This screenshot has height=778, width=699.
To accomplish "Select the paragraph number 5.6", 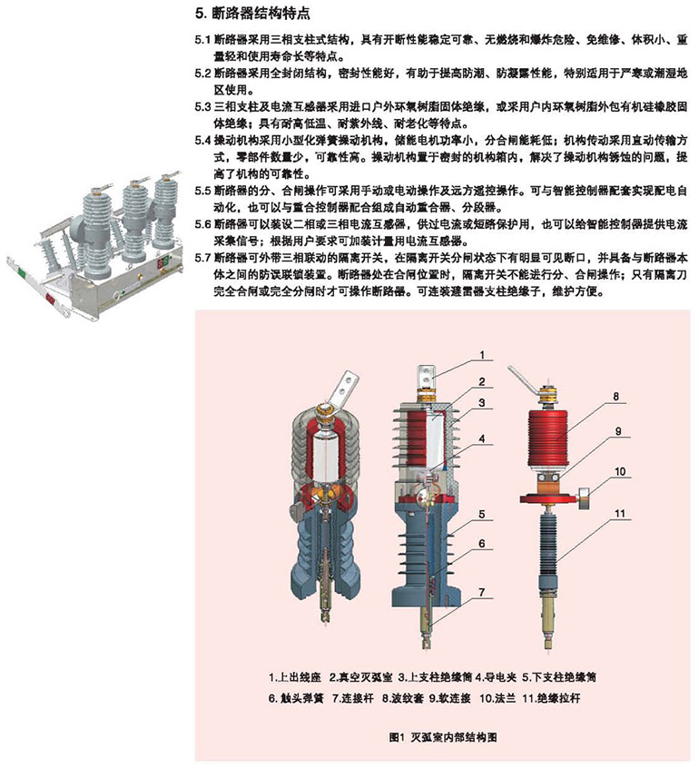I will tap(202, 222).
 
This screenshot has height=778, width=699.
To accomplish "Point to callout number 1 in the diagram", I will tap(484, 355).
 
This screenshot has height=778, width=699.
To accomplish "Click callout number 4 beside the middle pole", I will tap(484, 438).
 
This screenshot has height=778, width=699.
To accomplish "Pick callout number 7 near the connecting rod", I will tap(484, 592).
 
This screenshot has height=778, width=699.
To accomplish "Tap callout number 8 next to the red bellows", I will tap(615, 397).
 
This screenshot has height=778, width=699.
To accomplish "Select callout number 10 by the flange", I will tap(620, 471).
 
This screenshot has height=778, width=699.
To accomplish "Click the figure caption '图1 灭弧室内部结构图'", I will tap(442, 738).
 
